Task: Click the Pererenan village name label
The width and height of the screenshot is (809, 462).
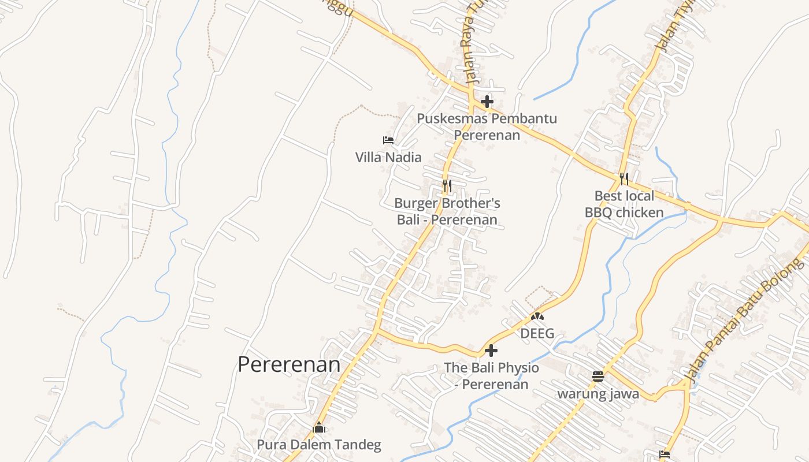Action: (x=289, y=364)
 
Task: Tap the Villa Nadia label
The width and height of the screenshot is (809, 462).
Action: (x=388, y=157)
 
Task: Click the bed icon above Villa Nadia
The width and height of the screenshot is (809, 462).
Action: (x=388, y=140)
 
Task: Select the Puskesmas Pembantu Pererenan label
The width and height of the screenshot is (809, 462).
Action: (x=487, y=126)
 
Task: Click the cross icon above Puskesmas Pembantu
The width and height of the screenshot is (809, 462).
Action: (x=487, y=102)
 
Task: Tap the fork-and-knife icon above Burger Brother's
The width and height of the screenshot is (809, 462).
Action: (x=447, y=186)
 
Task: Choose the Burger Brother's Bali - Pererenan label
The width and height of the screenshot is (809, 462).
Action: (x=447, y=211)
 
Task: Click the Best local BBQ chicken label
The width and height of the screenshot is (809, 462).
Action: (x=624, y=204)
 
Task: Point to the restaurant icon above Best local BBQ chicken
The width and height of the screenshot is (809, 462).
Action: (x=624, y=178)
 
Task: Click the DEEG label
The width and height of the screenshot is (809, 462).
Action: (x=537, y=333)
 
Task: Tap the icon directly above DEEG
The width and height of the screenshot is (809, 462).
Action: (x=537, y=316)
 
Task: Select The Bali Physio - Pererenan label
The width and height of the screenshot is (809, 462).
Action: (x=491, y=376)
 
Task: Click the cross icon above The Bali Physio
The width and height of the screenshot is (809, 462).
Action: (x=491, y=351)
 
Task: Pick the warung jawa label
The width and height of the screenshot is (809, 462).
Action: (x=598, y=394)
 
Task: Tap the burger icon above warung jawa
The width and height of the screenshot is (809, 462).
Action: (x=598, y=377)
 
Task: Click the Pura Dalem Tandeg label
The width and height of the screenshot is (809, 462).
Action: (x=319, y=445)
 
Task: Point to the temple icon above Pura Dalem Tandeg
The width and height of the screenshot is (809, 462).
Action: (x=319, y=429)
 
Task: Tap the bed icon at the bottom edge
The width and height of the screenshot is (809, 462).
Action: (x=665, y=454)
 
